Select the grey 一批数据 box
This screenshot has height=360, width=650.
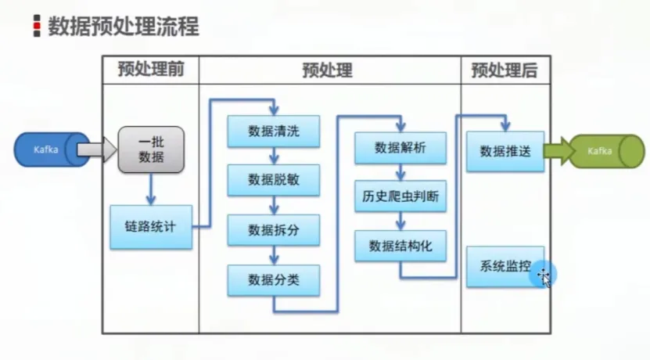point(151,149)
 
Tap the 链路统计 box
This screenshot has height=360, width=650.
point(150,227)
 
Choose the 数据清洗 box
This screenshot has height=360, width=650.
point(274,131)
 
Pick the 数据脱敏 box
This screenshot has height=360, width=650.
point(274,180)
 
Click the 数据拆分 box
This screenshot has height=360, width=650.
point(274,230)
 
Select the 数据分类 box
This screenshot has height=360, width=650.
point(274,280)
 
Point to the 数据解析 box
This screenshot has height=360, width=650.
point(400,147)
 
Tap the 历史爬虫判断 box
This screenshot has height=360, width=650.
point(400,196)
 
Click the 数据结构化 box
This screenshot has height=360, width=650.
point(400,246)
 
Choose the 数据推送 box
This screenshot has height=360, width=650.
point(505,151)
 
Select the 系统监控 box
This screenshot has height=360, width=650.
point(505,266)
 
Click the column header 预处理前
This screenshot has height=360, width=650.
point(151,70)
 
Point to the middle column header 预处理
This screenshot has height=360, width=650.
point(328,70)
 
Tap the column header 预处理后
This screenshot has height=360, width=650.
point(505,70)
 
